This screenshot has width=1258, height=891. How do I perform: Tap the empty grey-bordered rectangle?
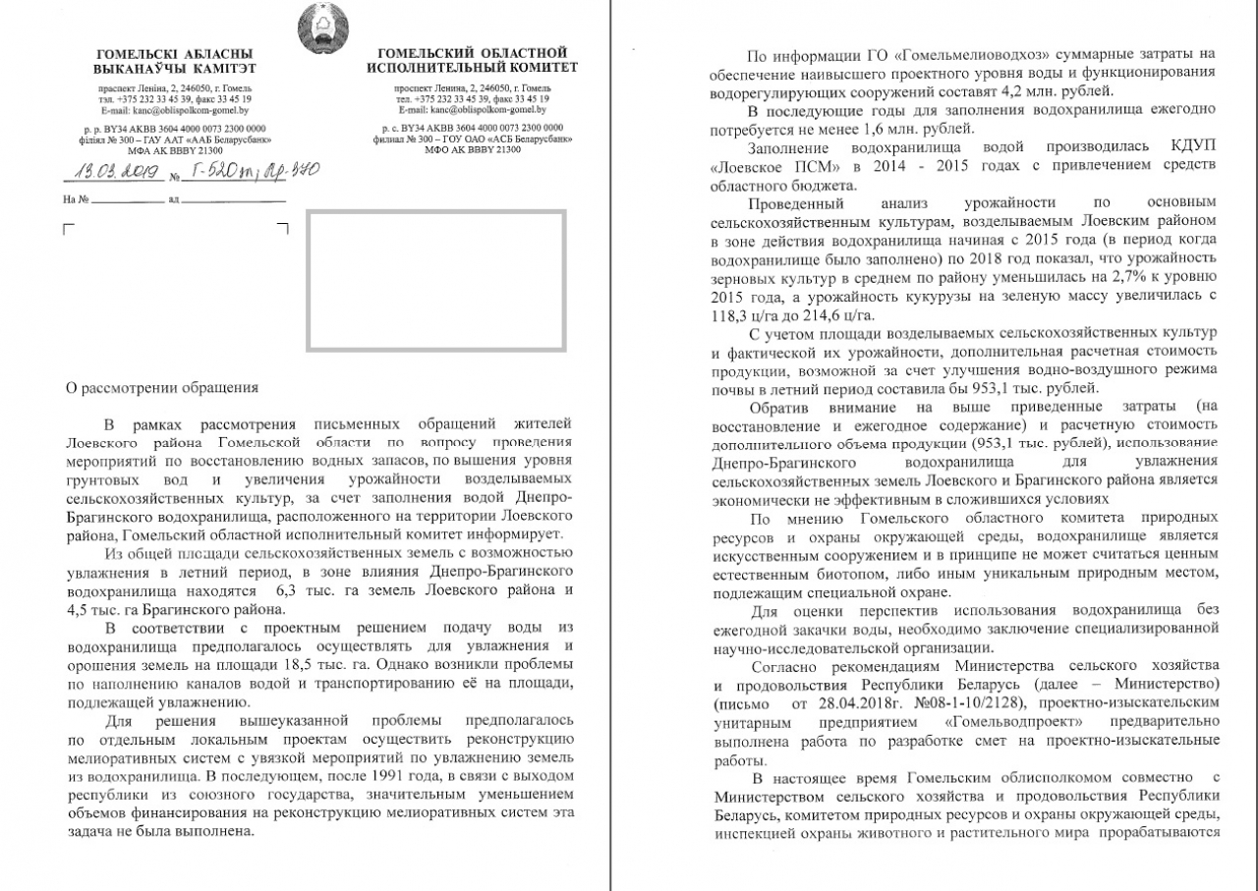pyautogui.click(x=436, y=280)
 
